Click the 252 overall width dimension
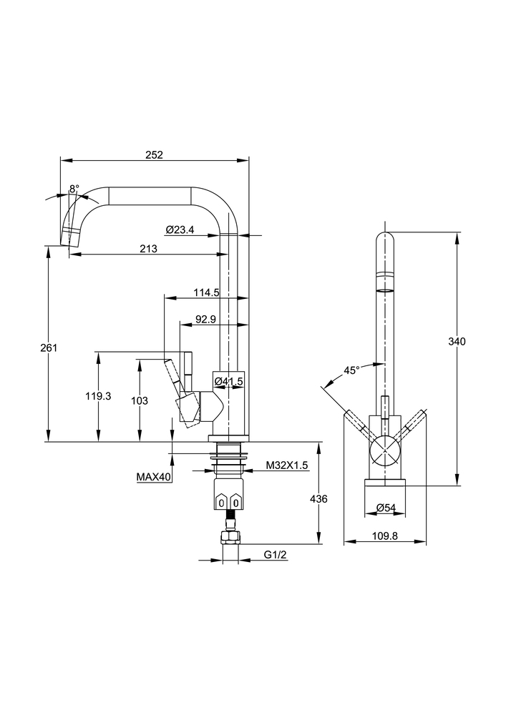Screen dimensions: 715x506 pos(155,154)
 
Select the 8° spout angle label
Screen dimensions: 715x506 pos(74,189)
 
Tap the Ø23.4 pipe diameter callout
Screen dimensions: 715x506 pos(180,229)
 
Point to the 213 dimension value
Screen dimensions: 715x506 pos(149,249)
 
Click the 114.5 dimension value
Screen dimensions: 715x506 pos(206,292)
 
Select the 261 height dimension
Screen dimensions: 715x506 pos(49,347)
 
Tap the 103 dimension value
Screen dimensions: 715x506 pos(140,401)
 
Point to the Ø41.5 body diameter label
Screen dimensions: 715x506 pos(229,382)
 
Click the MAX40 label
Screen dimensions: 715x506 pos(155,476)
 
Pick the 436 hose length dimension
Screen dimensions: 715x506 pos(318,499)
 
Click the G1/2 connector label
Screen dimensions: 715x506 pos(273,555)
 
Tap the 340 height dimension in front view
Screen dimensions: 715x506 pos(457,342)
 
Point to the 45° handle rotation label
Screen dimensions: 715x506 pos(351,370)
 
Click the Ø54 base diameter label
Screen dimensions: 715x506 pos(386,508)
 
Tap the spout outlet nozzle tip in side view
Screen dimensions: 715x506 pos(69,237)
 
